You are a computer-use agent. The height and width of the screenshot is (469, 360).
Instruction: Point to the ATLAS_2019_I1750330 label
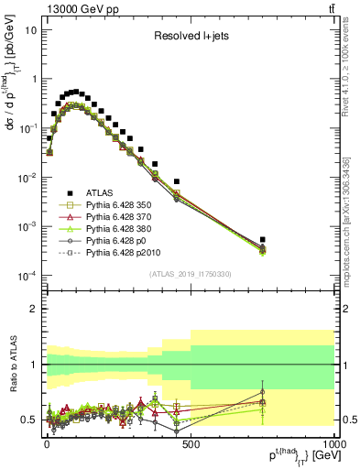pos(191,274)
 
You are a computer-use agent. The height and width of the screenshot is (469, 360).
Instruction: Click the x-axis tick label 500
pos(191,445)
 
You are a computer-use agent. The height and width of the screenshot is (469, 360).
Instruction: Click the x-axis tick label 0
pos(46,445)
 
